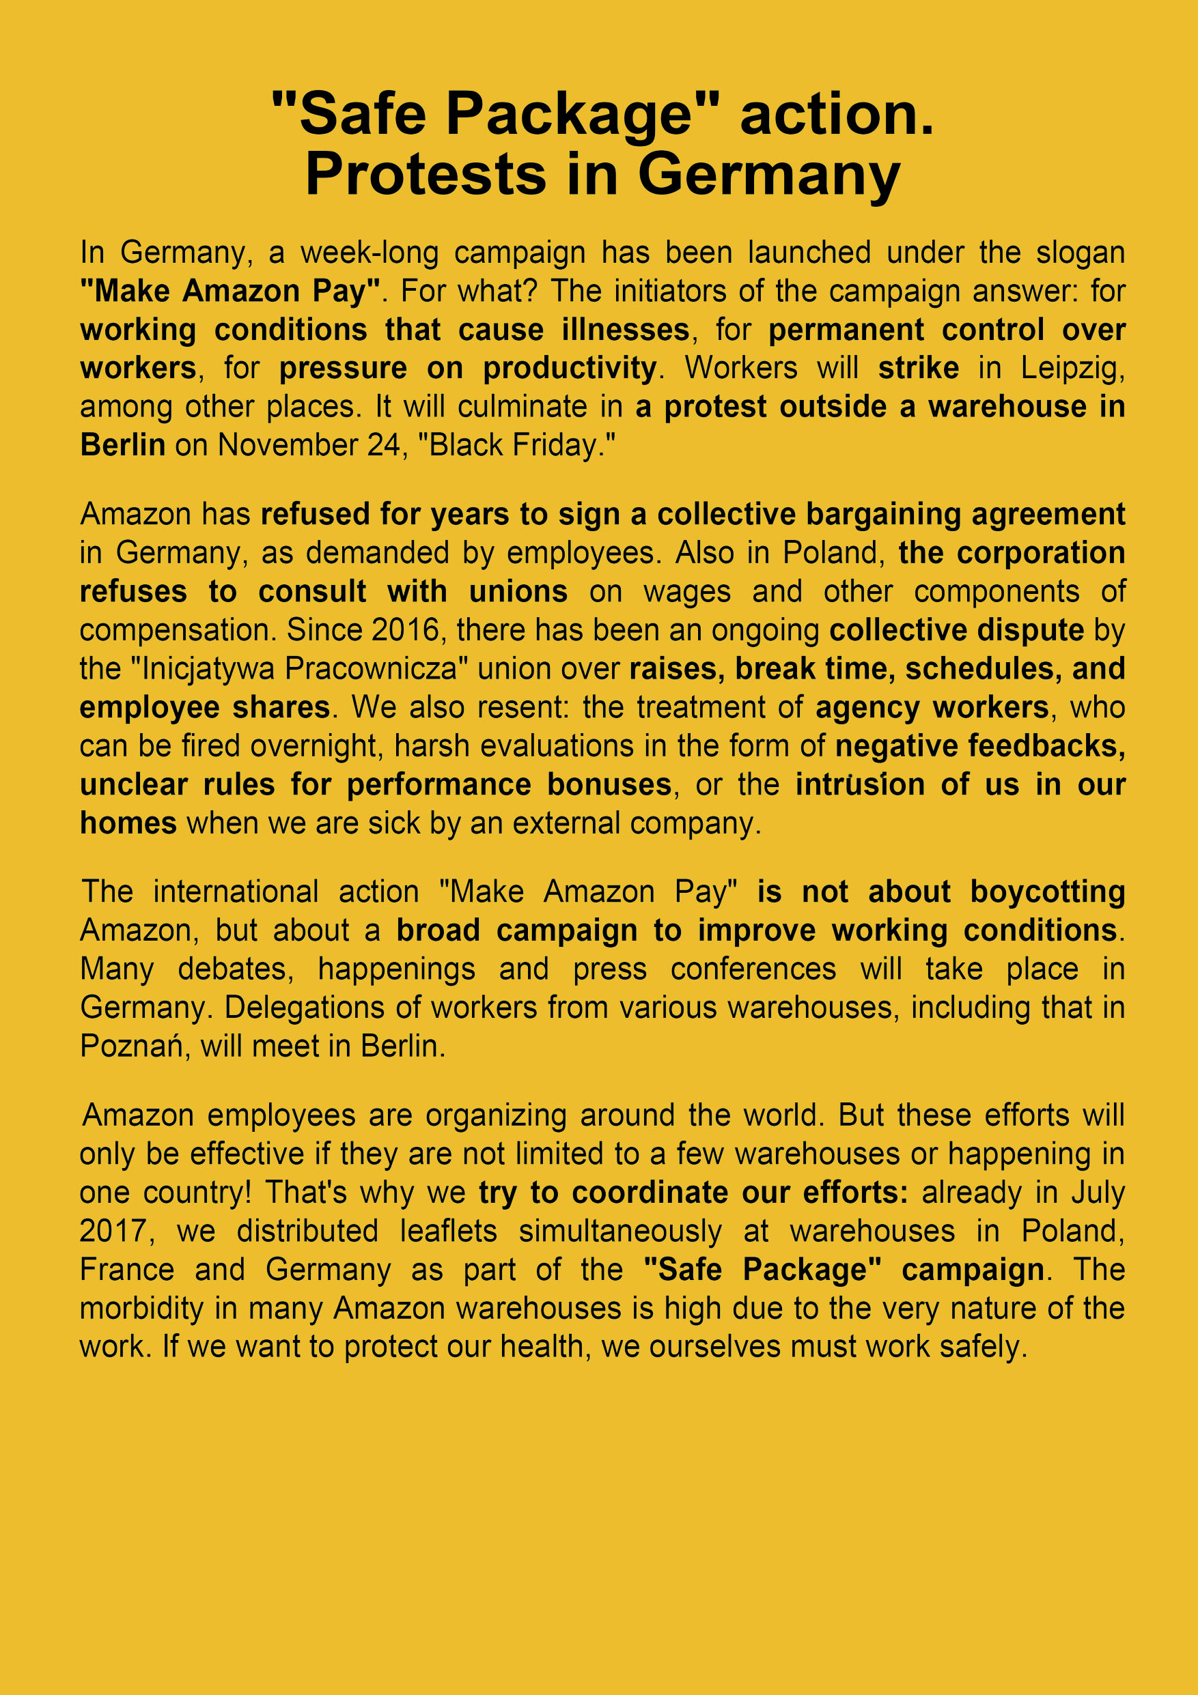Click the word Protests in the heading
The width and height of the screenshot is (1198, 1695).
(x=426, y=175)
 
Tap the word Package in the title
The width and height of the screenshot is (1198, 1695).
(x=569, y=115)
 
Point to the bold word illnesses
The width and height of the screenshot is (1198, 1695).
(x=625, y=329)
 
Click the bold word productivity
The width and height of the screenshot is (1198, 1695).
(x=570, y=369)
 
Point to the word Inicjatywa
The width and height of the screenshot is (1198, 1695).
(x=208, y=669)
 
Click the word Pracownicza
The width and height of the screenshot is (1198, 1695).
(x=377, y=669)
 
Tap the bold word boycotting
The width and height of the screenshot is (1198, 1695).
(x=1046, y=892)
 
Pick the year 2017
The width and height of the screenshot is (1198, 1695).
(x=116, y=1231)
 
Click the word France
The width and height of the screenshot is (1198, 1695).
(x=126, y=1269)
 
